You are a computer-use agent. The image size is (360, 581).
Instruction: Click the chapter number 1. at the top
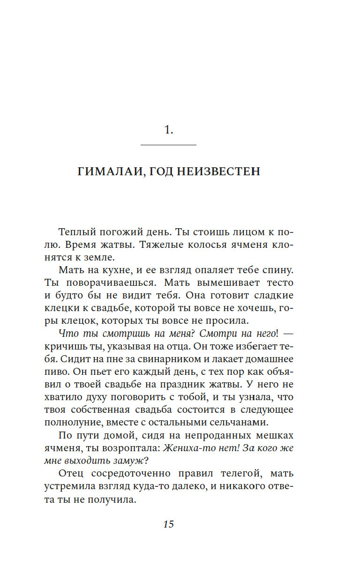pos(169,131)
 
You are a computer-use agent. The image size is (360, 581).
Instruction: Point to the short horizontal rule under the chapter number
pos(169,145)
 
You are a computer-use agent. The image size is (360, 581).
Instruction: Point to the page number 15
pos(169,524)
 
